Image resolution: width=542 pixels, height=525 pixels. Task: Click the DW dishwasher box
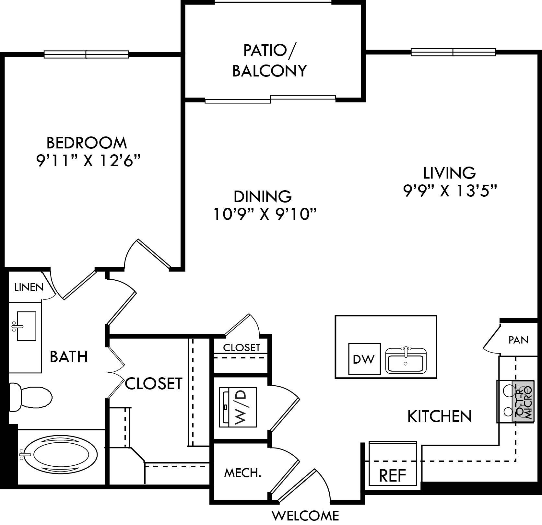[364, 359]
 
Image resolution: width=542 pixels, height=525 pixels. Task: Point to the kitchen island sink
[406, 360]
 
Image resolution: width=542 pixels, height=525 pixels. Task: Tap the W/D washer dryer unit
[238, 407]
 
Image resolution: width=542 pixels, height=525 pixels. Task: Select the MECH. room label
[242, 473]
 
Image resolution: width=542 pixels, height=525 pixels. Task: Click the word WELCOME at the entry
[305, 515]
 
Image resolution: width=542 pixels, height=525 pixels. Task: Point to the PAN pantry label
[518, 340]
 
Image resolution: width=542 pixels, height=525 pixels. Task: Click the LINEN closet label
[29, 287]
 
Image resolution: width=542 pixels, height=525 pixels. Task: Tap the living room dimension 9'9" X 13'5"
[450, 191]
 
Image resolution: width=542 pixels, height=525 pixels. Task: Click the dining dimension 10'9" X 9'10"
[265, 214]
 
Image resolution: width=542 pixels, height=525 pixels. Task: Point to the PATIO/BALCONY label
[269, 61]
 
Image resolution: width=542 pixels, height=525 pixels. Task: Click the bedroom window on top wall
[86, 54]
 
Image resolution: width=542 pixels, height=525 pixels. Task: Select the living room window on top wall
[453, 52]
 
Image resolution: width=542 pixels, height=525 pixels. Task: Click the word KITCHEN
[439, 416]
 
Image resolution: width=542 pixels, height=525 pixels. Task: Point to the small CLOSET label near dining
[242, 348]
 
